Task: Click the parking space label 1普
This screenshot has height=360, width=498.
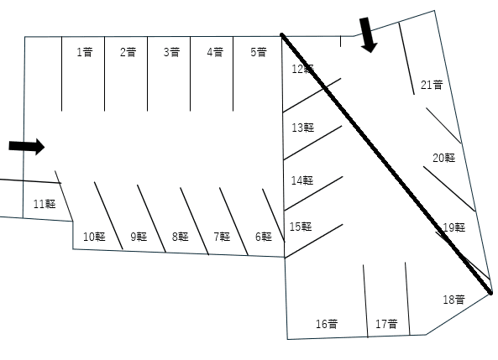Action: (85, 52)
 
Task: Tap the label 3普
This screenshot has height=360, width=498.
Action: (171, 52)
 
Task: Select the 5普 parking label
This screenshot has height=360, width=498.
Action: (258, 52)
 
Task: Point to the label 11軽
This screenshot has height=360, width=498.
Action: (45, 204)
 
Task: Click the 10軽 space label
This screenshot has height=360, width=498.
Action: (94, 237)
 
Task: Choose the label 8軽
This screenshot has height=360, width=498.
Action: (181, 237)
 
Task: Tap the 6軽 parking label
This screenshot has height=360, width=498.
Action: (264, 237)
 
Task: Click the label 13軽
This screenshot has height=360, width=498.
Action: (303, 128)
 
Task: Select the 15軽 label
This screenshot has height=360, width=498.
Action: (301, 227)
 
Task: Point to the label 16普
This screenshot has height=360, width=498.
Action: (327, 324)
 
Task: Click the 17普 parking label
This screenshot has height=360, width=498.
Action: (386, 324)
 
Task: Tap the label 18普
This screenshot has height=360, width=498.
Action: (454, 300)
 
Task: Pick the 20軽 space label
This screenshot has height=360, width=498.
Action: (444, 158)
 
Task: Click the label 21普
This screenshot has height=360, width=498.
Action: (432, 85)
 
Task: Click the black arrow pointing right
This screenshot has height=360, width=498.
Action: (27, 147)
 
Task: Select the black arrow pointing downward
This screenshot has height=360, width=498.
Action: (367, 35)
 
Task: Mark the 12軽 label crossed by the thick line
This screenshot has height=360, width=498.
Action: (303, 69)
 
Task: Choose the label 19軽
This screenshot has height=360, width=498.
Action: (454, 227)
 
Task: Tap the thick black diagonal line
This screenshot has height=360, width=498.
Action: (386, 164)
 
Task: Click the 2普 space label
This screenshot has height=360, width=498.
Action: (128, 52)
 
